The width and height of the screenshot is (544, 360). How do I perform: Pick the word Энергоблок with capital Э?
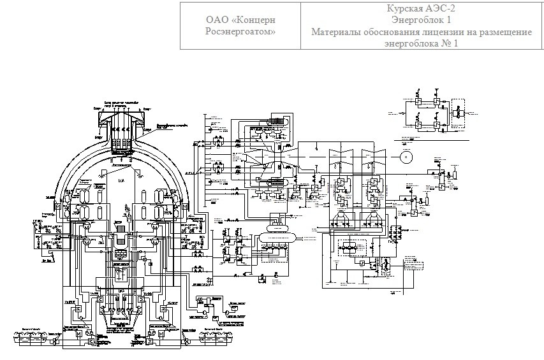[x=417, y=19]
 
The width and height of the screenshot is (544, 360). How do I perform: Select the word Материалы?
[x=338, y=31]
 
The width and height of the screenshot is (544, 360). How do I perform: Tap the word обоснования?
[x=397, y=31]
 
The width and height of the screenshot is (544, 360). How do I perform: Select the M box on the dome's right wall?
[x=184, y=206]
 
